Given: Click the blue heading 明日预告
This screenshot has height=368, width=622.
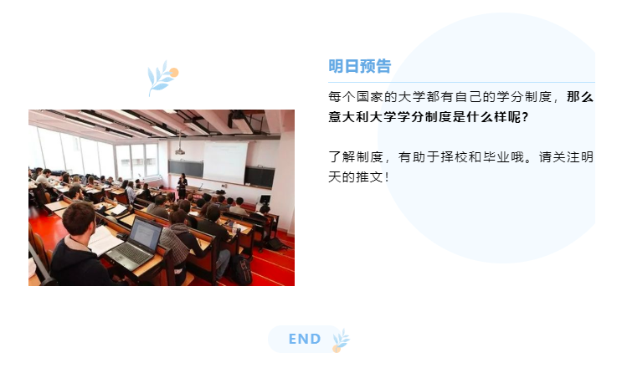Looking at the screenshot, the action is [x=359, y=66].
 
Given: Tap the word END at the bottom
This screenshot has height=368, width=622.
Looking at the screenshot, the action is [x=305, y=339].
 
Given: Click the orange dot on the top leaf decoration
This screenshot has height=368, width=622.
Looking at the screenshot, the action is [x=174, y=73].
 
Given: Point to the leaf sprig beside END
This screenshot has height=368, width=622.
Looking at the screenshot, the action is [x=342, y=340].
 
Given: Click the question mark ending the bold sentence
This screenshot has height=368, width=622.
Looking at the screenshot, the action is [x=525, y=117].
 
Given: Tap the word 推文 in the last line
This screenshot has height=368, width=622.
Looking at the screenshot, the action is [x=369, y=176].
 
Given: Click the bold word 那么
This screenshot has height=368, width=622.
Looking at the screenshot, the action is [x=580, y=97].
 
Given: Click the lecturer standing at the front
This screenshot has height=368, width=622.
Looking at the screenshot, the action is [x=182, y=186].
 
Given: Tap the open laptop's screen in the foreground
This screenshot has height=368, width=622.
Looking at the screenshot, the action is [x=145, y=233].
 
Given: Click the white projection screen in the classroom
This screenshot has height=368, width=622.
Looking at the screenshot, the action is [x=225, y=161].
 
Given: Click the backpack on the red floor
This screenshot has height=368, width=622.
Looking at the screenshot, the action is [x=242, y=269].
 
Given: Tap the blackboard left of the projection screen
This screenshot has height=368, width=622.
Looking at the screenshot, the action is [x=186, y=168].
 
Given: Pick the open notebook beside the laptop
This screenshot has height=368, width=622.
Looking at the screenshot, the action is [x=104, y=240].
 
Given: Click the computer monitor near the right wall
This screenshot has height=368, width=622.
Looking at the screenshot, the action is [x=265, y=199].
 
